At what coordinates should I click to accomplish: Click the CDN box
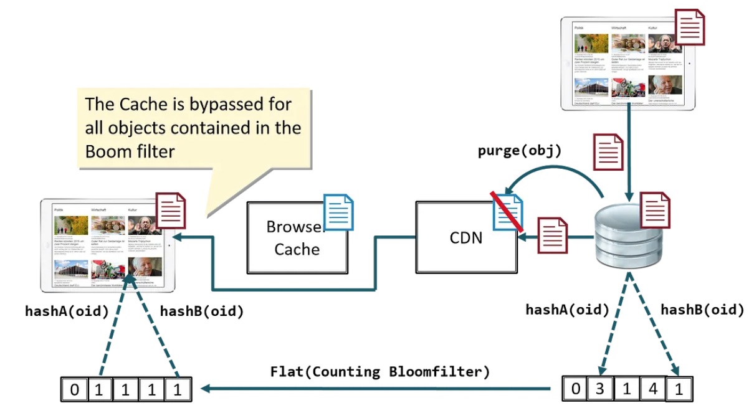coord(466,237)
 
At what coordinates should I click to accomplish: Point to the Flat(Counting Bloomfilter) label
coord(380,372)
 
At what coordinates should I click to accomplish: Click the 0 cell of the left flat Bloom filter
coord(75,391)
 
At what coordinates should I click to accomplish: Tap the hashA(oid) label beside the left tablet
coord(67,310)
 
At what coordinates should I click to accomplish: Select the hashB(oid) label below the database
coord(702,309)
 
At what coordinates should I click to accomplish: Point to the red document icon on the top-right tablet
coord(690,27)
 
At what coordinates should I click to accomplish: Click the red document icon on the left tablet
coord(169,212)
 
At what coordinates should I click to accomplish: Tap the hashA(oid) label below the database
coord(567,309)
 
